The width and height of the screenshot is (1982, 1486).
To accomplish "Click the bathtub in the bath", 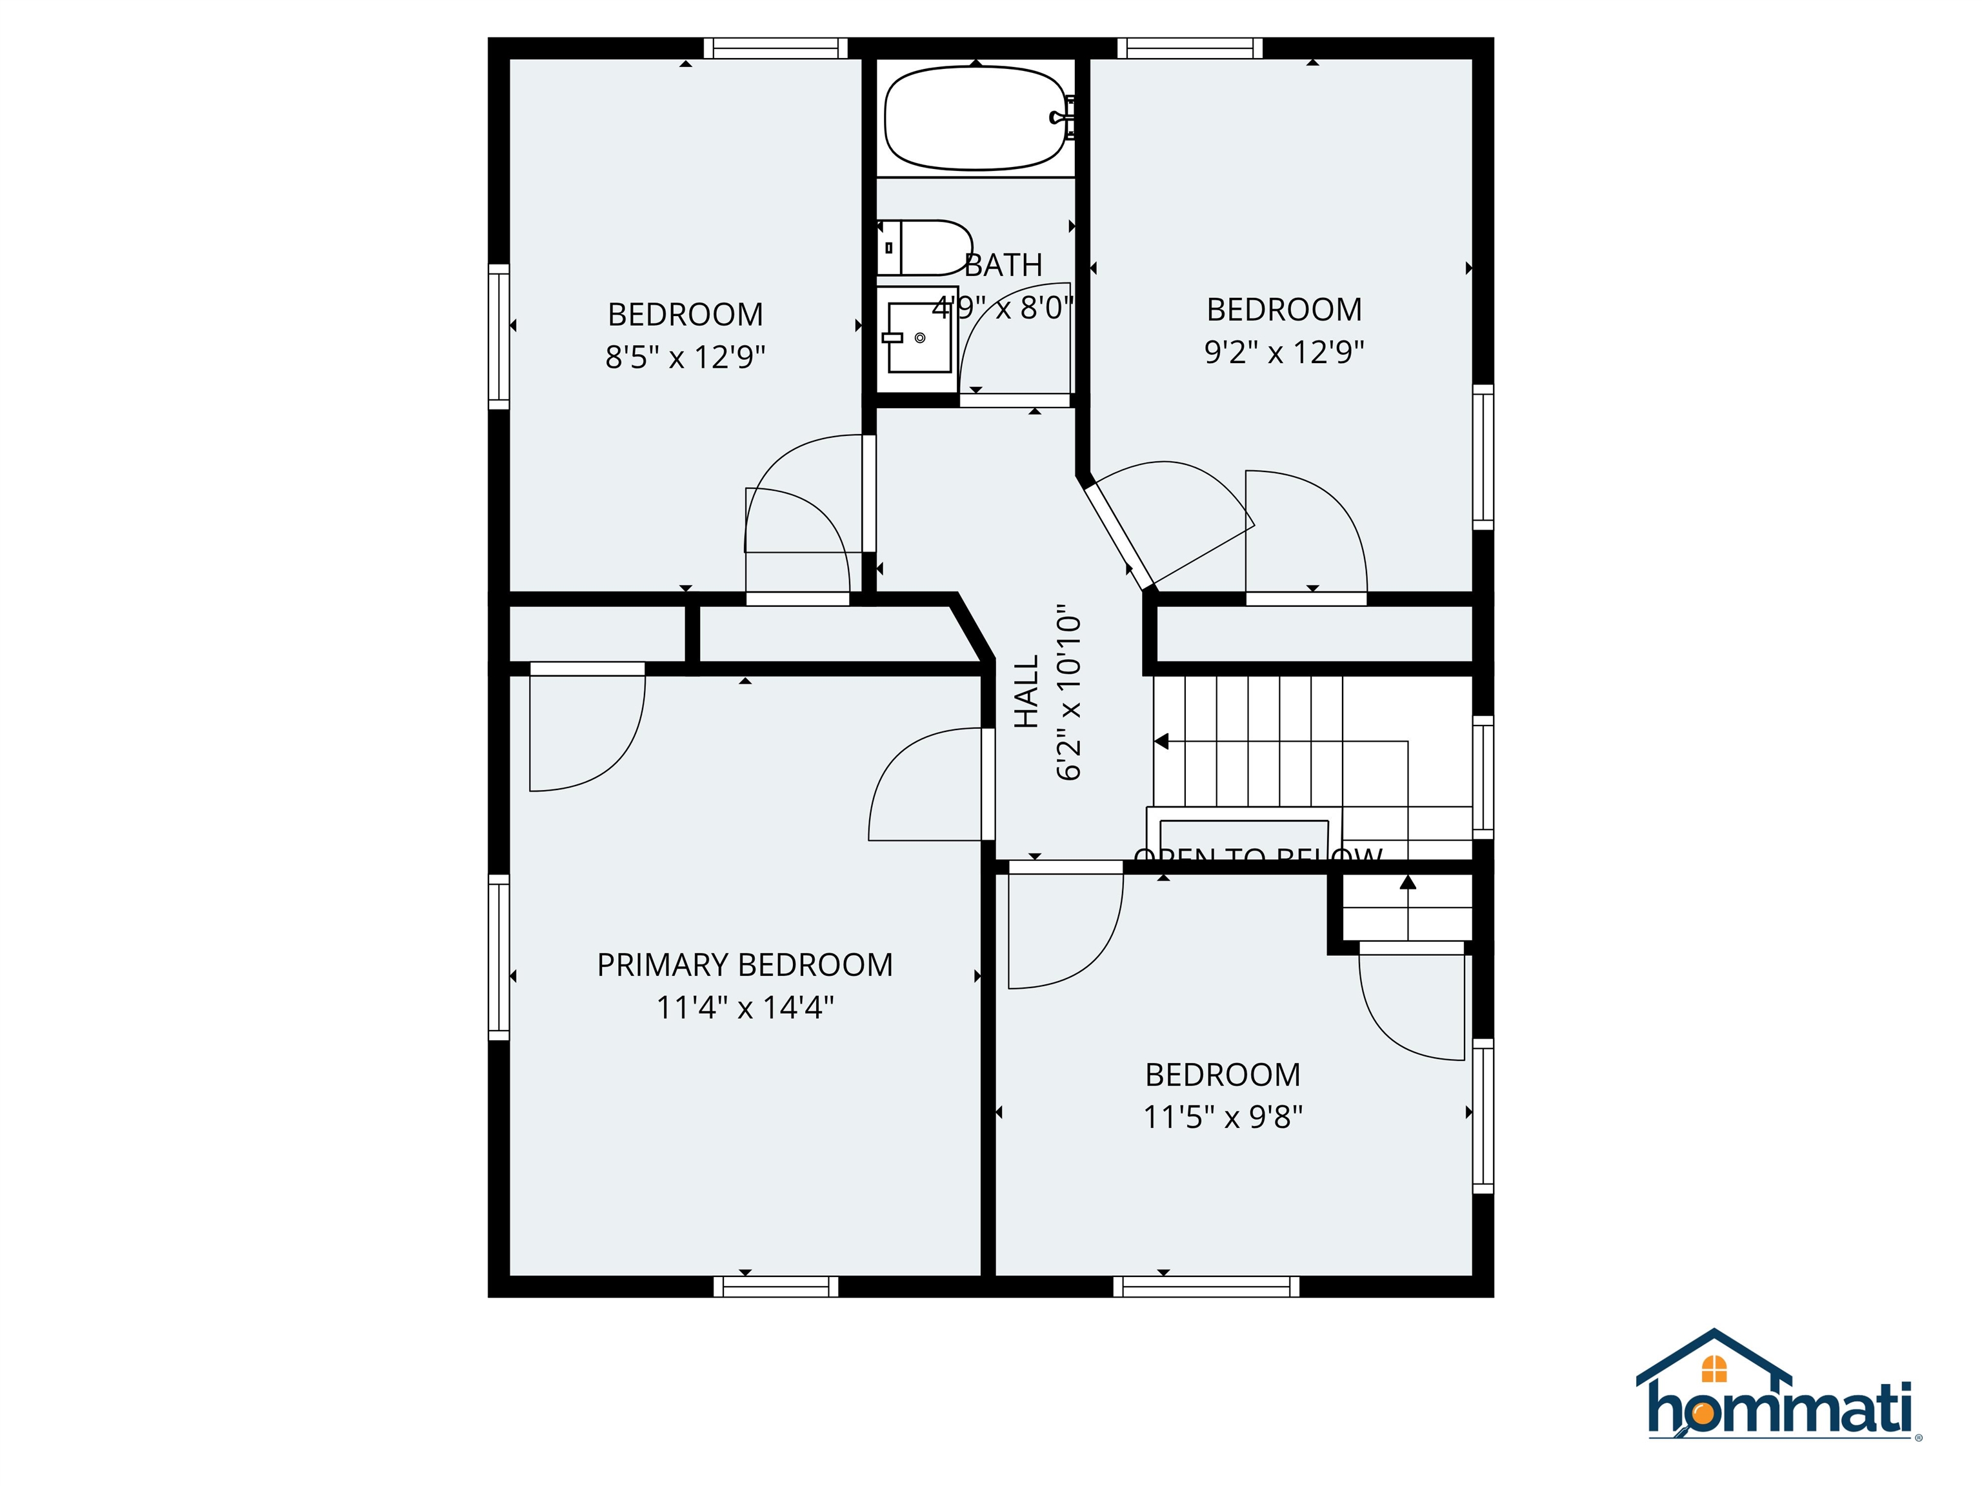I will click(975, 118).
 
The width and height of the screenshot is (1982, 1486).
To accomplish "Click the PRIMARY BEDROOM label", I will click(745, 965).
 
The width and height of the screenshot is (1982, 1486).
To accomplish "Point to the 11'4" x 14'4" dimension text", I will click(745, 1007).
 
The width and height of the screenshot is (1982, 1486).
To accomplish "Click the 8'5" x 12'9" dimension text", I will click(685, 357).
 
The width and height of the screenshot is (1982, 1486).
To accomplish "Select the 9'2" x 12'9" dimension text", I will click(1284, 352).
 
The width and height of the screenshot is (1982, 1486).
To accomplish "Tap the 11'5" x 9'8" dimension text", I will click(1223, 1117).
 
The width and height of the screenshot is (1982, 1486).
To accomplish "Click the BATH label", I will click(1003, 265).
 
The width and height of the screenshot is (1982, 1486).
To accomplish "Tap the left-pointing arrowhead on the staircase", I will click(1161, 742).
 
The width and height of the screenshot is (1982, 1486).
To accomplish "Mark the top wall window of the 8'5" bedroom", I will click(775, 48).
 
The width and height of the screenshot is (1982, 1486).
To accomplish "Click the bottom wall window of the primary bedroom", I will click(776, 1286).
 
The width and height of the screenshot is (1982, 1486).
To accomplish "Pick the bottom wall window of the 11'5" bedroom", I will click(1206, 1286).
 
